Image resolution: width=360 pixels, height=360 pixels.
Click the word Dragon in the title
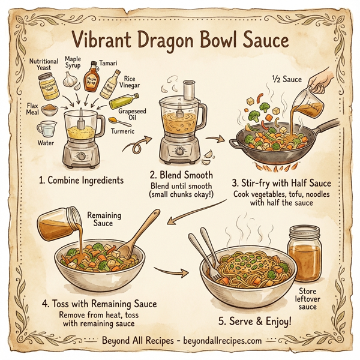pyautogui.click(x=157, y=41)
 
